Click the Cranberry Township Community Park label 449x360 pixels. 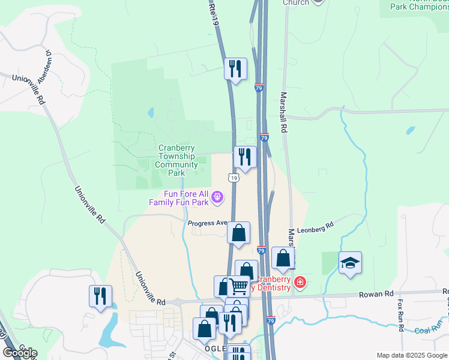(178, 160)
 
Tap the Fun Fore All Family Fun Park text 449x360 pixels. (178, 198)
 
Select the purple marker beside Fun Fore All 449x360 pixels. (217, 196)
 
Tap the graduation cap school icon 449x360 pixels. (350, 263)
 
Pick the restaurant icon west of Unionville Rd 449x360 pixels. (100, 296)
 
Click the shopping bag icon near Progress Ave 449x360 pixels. (238, 232)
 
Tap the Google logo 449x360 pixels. (20, 353)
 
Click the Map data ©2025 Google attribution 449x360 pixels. (412, 355)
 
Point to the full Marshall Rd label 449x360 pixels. (283, 112)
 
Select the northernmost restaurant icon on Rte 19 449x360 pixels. (235, 68)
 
